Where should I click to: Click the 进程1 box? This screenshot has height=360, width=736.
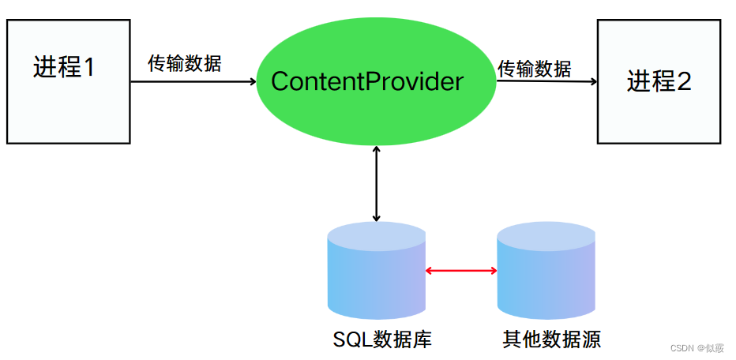click(x=68, y=81)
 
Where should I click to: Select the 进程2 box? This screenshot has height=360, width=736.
click(x=659, y=81)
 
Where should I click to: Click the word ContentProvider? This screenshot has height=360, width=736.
click(x=367, y=81)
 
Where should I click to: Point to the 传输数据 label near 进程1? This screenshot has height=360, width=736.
click(x=185, y=64)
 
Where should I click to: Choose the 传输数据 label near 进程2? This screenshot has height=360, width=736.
click(x=534, y=69)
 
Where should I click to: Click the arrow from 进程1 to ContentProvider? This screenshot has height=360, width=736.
click(x=193, y=81)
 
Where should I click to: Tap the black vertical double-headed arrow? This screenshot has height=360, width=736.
click(x=377, y=183)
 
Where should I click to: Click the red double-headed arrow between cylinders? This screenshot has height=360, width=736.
click(x=461, y=271)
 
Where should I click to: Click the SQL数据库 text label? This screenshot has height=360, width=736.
click(x=382, y=339)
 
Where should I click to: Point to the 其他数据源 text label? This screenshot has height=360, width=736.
click(x=551, y=339)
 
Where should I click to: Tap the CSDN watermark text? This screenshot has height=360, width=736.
click(x=697, y=348)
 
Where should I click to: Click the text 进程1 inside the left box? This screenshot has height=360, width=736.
click(x=63, y=68)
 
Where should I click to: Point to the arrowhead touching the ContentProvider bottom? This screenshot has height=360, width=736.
click(x=377, y=151)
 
